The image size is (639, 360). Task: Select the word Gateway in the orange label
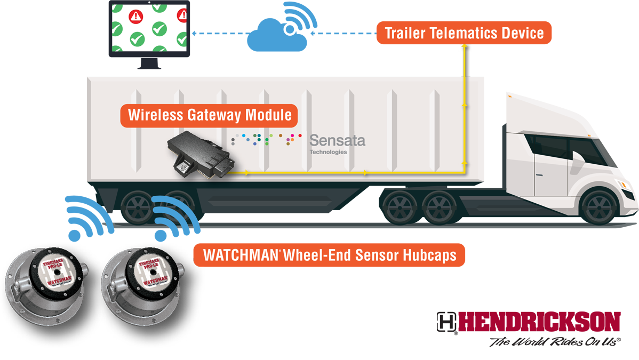215,115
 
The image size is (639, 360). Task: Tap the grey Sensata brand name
337,141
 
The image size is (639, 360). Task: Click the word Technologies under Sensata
328,152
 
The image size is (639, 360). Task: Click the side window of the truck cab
549,147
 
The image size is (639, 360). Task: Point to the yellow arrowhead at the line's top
465,48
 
